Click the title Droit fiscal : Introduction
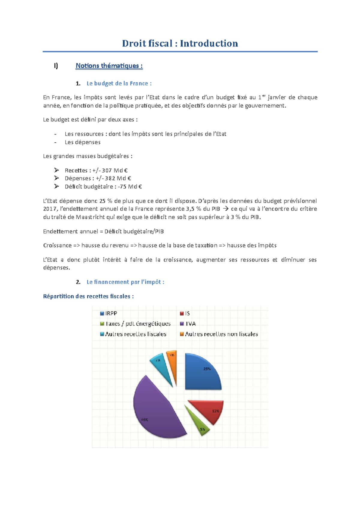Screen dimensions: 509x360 (x=180, y=43)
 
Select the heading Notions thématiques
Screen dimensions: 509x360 (x=109, y=66)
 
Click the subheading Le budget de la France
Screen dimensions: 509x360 (x=119, y=83)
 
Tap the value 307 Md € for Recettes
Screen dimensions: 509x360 (x=115, y=170)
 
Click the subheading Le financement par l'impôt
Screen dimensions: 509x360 (x=125, y=282)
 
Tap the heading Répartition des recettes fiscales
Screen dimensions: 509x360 (x=88, y=296)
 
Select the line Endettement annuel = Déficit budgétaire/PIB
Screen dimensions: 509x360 (x=103, y=231)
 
